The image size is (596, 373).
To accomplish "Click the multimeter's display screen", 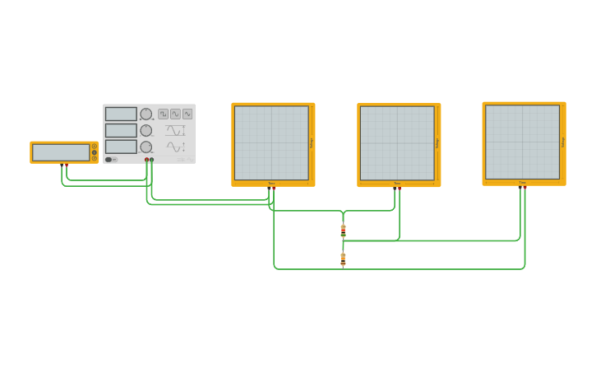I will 61,152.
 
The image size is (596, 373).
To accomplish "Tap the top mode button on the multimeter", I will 95,146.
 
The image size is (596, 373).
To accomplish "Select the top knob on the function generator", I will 146,114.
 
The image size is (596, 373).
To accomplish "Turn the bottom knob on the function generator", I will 146,147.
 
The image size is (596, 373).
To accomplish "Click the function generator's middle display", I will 121,130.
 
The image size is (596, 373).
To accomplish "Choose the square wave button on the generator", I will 163,114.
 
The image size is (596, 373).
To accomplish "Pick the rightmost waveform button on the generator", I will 187,114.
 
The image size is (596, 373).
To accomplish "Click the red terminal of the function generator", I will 147,160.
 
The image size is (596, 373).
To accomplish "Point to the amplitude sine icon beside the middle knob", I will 175,130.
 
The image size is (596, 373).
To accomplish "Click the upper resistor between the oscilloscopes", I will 343,230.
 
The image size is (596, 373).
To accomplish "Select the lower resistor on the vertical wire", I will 343,259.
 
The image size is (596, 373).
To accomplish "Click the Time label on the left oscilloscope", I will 271,183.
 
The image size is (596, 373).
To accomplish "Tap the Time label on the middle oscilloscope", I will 397,184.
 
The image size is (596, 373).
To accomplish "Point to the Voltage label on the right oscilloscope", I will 563,142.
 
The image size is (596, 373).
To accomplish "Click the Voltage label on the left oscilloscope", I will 312,142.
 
